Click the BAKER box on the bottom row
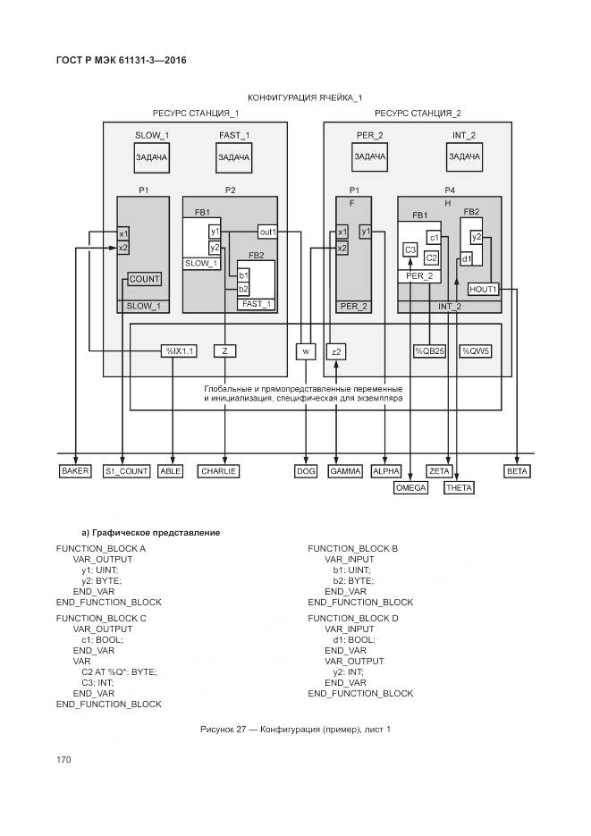click(x=75, y=470)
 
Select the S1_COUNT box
click(x=126, y=470)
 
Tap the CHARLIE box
click(x=218, y=470)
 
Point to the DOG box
click(x=306, y=470)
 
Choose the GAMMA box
click(x=344, y=470)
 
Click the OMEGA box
click(x=410, y=487)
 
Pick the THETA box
click(x=459, y=487)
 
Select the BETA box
click(x=518, y=470)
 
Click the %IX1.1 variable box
click(x=179, y=351)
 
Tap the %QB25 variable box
click(x=429, y=351)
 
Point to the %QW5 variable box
click(x=476, y=351)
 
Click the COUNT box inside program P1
click(x=144, y=279)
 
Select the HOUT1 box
click(x=483, y=289)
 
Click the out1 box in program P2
click(x=267, y=232)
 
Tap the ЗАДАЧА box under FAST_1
click(x=234, y=156)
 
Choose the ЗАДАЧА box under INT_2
click(x=463, y=156)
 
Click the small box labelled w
click(x=306, y=351)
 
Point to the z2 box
click(x=336, y=351)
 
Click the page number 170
click(x=63, y=759)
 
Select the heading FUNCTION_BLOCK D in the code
click(x=353, y=618)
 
